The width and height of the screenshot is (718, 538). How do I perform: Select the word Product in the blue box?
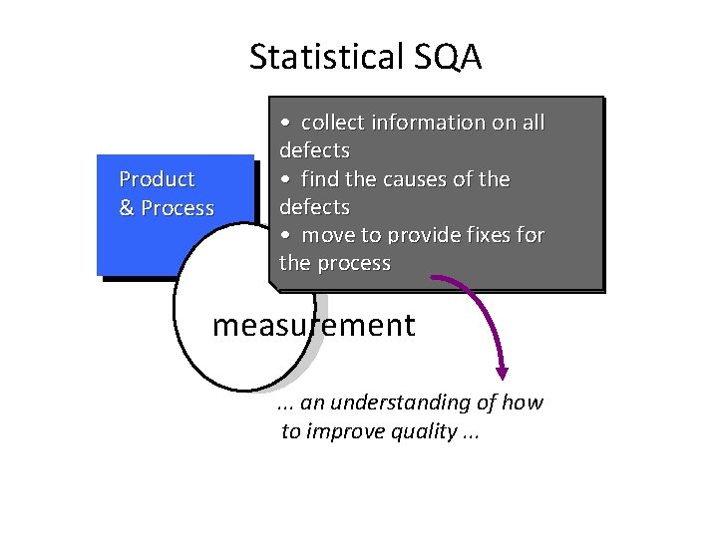[x=157, y=179]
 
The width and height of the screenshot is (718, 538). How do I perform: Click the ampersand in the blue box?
[x=127, y=208]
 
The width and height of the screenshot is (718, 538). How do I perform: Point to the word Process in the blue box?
[x=178, y=208]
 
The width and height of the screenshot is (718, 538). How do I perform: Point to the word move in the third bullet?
[x=329, y=236]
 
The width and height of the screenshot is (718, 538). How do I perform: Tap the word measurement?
[x=313, y=326]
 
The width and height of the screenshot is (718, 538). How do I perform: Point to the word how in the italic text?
[x=523, y=403]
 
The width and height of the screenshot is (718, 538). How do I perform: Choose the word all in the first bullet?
[x=534, y=123]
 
